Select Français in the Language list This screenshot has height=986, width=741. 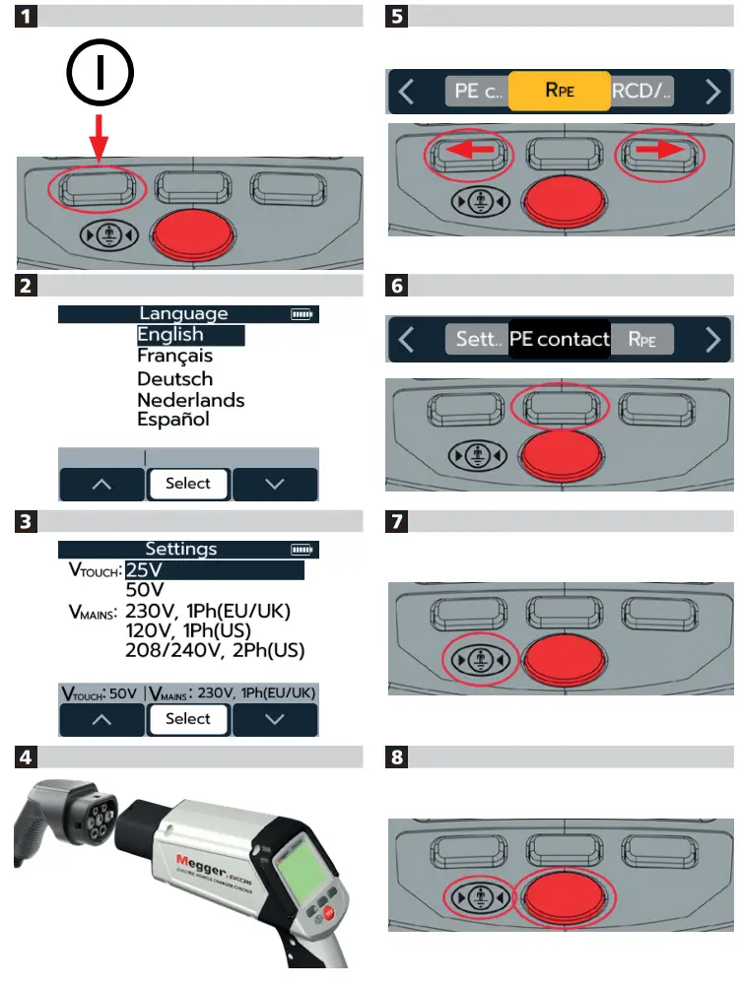click(x=174, y=356)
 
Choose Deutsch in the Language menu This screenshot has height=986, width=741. click(x=174, y=378)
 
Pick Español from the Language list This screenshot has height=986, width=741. click(x=173, y=420)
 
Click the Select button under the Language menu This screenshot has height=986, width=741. click(x=187, y=484)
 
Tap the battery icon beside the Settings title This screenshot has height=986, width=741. click(x=305, y=550)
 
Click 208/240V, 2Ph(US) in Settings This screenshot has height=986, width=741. click(x=215, y=651)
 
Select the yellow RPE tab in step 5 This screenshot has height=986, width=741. click(x=560, y=90)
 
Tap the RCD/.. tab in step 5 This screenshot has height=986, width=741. click(x=641, y=90)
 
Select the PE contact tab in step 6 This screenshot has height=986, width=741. click(x=559, y=340)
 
